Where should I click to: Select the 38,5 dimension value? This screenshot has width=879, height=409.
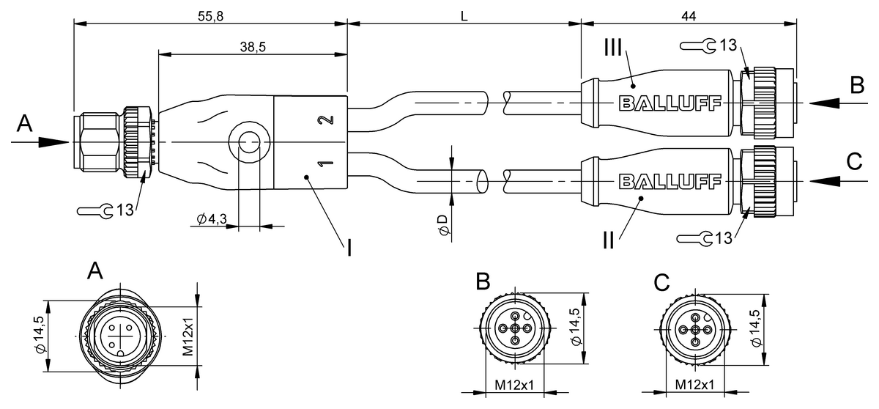coord(253,46)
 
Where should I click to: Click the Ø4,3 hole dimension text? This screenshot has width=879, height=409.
coord(211,218)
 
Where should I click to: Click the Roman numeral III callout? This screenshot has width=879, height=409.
coord(612,49)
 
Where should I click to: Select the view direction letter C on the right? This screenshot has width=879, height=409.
coord(855,161)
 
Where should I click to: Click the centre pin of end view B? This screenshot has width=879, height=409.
coord(515,329)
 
